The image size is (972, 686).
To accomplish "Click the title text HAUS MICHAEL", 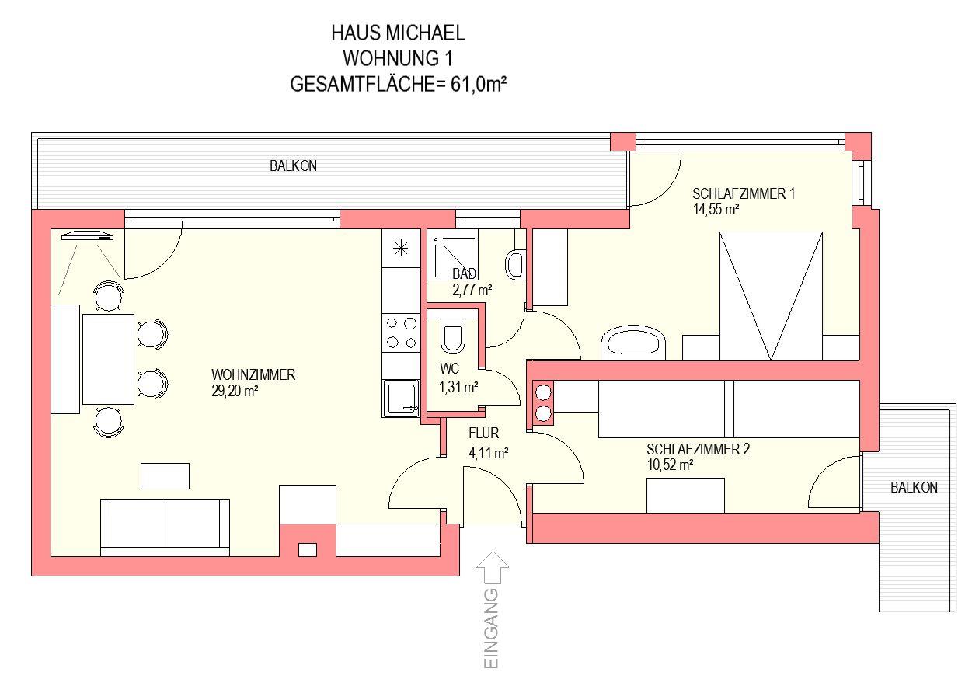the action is click(398, 33).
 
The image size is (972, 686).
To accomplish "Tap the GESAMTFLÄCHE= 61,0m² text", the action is click(399, 84).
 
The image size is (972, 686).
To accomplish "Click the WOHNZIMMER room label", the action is click(253, 375).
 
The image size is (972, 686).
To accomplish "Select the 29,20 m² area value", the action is click(235, 391).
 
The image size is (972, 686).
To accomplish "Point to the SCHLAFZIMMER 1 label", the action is click(744, 193).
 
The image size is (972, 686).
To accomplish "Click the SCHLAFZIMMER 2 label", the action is click(699, 449).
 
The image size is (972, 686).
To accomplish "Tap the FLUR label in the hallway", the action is click(484, 433).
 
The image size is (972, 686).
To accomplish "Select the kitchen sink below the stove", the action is click(401, 399).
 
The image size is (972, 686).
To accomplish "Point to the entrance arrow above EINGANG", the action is click(493, 568).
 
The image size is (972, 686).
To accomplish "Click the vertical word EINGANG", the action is click(491, 629).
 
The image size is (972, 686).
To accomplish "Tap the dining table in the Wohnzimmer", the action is click(108, 359).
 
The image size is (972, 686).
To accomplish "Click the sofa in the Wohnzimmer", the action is click(165, 528).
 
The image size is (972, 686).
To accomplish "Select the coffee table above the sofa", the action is click(165, 476).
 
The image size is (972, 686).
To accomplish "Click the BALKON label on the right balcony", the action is click(914, 488).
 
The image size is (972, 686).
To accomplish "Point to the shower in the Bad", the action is click(452, 254).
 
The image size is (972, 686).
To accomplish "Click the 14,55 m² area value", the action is click(716, 210).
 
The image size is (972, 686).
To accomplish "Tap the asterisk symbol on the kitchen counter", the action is click(400, 248).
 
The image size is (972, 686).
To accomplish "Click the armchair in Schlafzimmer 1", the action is click(632, 343).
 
